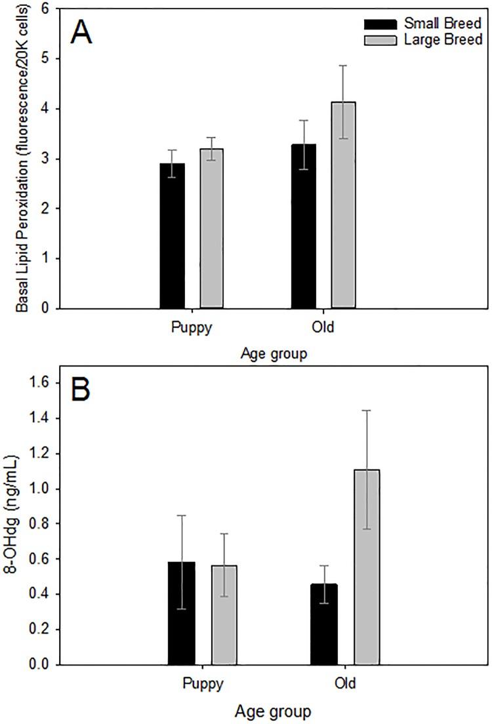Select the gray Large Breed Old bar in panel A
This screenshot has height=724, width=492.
[x=343, y=205]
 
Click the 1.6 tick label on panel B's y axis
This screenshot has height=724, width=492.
[x=52, y=383]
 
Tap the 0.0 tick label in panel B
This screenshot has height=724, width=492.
[x=52, y=665]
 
